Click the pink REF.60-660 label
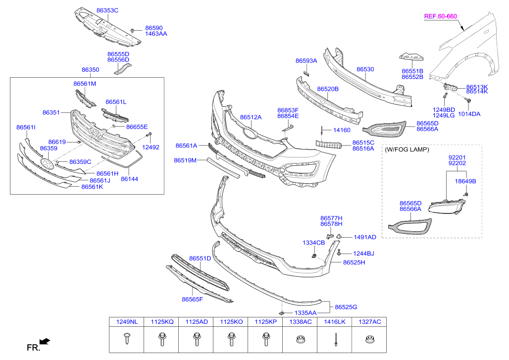point(441,16)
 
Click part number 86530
point(365,70)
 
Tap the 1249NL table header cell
point(126,322)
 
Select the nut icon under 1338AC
point(300,340)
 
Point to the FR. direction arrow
point(45,341)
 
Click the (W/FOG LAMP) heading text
point(407,149)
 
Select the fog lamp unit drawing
point(449,206)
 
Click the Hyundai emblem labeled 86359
point(47,164)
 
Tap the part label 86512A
point(251,117)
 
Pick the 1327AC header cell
point(369,322)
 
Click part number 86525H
point(354,262)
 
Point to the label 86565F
point(192,299)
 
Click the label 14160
point(341,130)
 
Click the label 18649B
point(465,181)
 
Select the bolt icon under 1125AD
point(196,340)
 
